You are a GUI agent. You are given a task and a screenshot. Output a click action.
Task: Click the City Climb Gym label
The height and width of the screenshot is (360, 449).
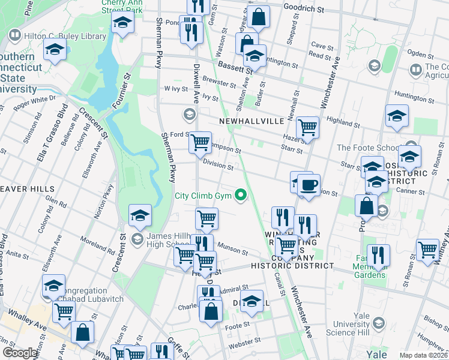coord(204,195)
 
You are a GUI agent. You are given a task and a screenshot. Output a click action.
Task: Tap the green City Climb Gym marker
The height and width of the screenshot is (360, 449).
coord(241,194)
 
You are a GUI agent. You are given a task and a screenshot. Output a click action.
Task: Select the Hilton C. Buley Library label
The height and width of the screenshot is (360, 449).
coord(65,37)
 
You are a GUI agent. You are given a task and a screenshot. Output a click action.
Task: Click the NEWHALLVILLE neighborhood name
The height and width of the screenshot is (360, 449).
coord(251,121)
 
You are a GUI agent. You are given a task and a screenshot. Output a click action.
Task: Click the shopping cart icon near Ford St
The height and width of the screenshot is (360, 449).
coord(200,143)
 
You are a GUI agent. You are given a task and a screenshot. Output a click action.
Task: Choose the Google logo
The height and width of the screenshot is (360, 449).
coord(20,352)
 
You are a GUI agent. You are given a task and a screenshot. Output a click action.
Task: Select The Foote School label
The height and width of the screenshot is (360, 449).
coord(367,148)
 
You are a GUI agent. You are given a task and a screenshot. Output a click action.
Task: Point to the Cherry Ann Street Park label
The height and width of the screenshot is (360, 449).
coord(113,7)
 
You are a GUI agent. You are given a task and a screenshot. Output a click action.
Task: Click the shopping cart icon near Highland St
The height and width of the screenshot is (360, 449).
coord(307,127)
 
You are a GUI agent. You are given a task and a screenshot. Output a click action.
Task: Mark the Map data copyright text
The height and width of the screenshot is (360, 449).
coord(423,355)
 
